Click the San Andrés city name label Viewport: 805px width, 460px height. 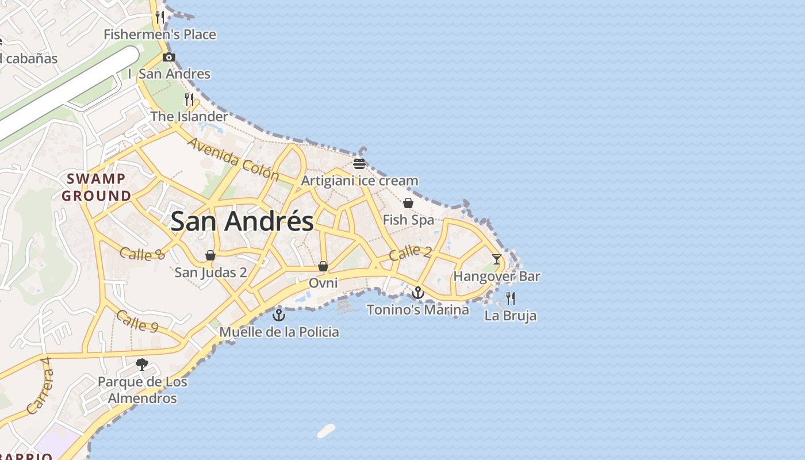click(242, 221)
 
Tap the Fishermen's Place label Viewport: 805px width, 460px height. click(160, 34)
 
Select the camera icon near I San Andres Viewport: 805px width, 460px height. click(169, 57)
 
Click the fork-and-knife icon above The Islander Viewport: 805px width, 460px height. click(189, 99)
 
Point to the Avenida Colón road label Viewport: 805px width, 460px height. click(233, 159)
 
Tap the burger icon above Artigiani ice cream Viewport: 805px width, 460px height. click(359, 164)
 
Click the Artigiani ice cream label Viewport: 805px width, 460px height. click(360, 181)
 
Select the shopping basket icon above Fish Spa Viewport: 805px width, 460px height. click(408, 203)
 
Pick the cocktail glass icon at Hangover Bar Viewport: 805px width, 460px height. click(497, 259)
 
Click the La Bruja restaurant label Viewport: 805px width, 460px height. click(511, 316)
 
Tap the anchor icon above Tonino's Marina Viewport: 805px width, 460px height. click(418, 293)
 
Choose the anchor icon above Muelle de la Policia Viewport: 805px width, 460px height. click(279, 315)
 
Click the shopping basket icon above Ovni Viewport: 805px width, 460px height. click(323, 266)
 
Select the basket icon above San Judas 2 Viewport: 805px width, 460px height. click(210, 255)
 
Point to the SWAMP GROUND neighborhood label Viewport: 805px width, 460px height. click(97, 187)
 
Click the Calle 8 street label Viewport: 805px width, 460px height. click(142, 254)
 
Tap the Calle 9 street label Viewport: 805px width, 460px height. click(137, 321)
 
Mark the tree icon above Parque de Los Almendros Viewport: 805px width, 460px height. click(142, 365)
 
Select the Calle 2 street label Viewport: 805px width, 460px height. click(410, 252)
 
